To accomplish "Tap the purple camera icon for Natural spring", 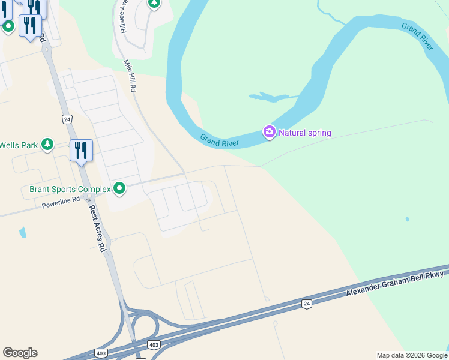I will point(270,132).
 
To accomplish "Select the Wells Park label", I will point(18,145).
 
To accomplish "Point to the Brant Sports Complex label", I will point(70,190).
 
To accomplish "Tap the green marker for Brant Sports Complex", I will point(120,189).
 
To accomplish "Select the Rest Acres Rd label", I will point(97,228).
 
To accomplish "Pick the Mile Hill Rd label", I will point(130,75).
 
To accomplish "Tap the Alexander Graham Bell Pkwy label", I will point(394,283).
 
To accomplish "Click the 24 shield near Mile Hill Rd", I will point(67,119).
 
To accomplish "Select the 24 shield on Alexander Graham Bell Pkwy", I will point(307,304).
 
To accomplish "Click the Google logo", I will point(20,353).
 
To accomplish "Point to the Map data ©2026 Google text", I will point(411,355).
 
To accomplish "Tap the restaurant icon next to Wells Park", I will point(81,151).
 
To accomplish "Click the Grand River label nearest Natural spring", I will point(220,140).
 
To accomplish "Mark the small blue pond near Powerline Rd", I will point(23,232).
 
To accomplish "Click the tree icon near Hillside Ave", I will point(154,3).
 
